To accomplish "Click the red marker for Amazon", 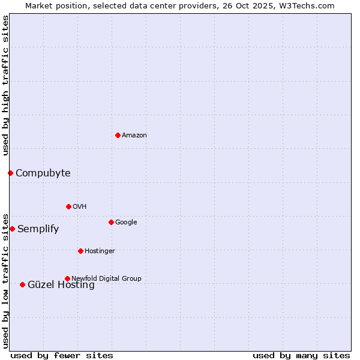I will click(x=118, y=135).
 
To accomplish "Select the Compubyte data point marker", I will click(x=10, y=173).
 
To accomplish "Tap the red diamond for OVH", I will click(x=68, y=206).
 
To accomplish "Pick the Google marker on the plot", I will click(x=111, y=222).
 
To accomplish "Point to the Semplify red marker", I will click(x=12, y=229).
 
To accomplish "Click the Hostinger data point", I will click(x=80, y=251).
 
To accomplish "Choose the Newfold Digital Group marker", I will click(x=67, y=278).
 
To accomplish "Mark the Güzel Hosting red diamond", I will click(x=22, y=284).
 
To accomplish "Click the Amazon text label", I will click(x=134, y=136).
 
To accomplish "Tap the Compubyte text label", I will click(x=43, y=173).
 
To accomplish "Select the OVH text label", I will click(x=80, y=207).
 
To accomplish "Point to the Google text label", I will click(x=126, y=223).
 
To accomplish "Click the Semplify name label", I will click(x=38, y=229).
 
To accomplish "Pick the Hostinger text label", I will click(x=100, y=251).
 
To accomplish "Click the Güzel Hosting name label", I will click(x=61, y=286).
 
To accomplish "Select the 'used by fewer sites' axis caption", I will click(x=62, y=355).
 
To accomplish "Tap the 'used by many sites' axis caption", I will click(x=301, y=355).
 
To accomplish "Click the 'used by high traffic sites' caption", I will click(x=5, y=85).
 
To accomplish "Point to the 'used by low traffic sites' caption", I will click(x=5, y=280).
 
